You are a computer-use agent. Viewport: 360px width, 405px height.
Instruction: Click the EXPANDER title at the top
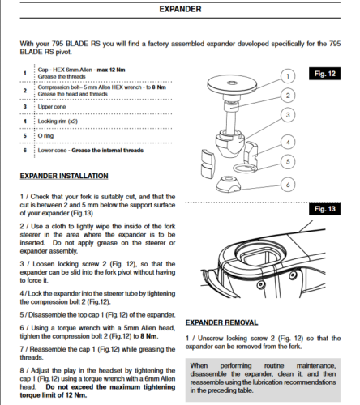point(180,9)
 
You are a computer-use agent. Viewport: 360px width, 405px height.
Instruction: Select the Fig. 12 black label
point(324,74)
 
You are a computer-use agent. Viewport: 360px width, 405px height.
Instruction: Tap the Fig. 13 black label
point(324,209)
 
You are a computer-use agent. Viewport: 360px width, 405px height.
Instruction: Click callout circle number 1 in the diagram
point(288,76)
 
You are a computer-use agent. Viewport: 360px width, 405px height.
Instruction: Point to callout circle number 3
point(288,115)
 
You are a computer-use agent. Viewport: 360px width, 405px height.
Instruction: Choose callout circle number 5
point(288,162)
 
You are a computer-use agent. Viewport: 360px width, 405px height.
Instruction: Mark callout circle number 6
point(288,185)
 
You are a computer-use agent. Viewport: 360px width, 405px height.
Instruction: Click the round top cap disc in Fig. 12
point(232,84)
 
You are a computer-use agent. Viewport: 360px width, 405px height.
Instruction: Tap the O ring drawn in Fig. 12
point(245,168)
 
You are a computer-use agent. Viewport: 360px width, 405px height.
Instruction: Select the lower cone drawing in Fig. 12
point(228,183)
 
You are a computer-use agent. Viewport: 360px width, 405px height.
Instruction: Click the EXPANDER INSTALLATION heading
point(64,176)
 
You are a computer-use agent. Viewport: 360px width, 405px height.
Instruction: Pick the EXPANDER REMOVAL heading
point(221,322)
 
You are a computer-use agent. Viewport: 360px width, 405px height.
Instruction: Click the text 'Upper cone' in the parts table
point(52,107)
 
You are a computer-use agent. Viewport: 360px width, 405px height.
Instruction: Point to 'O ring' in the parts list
point(45,136)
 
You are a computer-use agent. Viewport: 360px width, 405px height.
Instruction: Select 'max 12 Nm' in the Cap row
point(111,70)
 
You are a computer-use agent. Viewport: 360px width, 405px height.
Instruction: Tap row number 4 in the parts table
point(25,122)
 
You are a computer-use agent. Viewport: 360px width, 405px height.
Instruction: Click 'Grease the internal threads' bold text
point(107,151)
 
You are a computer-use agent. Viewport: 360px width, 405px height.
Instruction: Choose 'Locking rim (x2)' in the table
point(58,122)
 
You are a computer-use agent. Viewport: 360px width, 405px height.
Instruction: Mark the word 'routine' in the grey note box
point(274,366)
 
